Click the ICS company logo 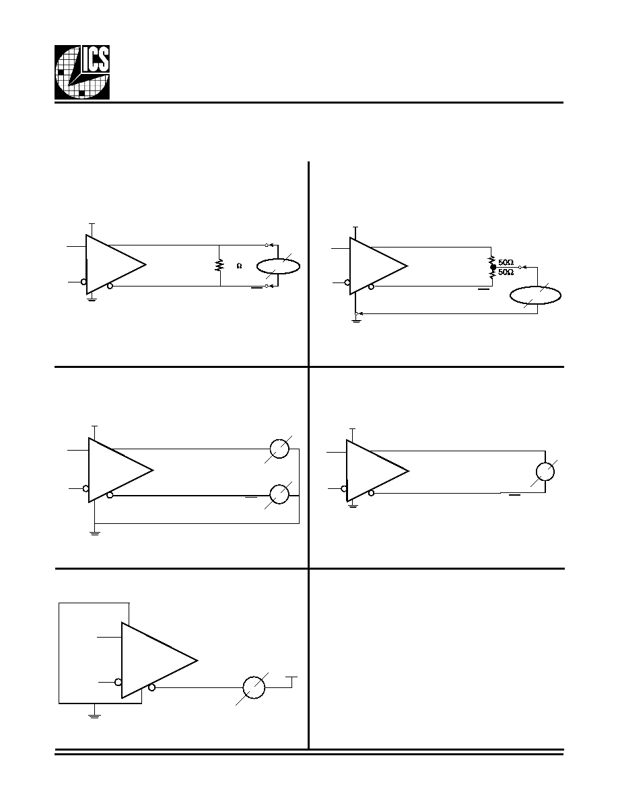coord(82,73)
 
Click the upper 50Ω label coord(506,262)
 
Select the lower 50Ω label coord(506,272)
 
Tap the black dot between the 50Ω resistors coord(493,266)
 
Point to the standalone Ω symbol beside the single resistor coord(239,266)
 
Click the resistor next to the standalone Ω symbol coord(219,266)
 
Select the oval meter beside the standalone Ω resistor coord(278,266)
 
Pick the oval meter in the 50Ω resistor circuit coord(537,295)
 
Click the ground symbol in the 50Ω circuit coord(356,321)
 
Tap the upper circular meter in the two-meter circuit coord(279,449)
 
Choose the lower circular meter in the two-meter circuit coord(279,493)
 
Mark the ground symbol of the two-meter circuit coord(95,534)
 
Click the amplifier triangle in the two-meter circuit coord(121,470)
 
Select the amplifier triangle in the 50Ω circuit coord(378,266)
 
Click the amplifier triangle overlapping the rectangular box coord(159,660)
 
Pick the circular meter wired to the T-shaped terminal coord(254,687)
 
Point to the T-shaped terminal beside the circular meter coord(291,682)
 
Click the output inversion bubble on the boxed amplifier coord(151,688)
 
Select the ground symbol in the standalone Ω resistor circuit coord(92,299)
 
